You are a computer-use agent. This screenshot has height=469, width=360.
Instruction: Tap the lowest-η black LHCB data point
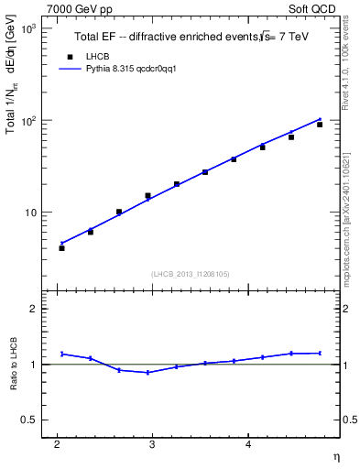tap(61, 248)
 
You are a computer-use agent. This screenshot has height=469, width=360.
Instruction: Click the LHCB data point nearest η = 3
tap(147, 195)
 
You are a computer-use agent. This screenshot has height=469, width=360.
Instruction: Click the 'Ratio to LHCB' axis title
tap(12, 365)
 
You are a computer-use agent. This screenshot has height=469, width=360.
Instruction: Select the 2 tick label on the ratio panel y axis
tap(33, 309)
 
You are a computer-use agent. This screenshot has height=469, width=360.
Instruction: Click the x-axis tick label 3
tap(152, 445)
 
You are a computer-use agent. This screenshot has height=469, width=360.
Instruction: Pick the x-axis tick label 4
tap(248, 445)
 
